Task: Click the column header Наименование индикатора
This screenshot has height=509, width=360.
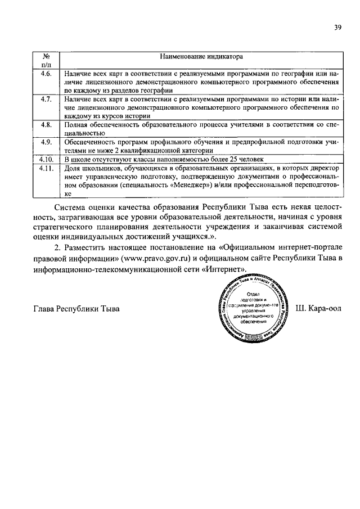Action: click(x=200, y=56)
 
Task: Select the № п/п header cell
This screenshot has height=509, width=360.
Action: click(x=47, y=61)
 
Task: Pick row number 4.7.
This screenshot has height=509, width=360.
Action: click(x=47, y=99)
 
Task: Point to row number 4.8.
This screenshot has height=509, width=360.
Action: click(x=47, y=124)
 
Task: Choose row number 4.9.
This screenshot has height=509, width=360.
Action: click(x=47, y=141)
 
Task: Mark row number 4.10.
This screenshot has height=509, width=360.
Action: click(x=47, y=159)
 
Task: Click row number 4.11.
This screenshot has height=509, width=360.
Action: click(x=47, y=168)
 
